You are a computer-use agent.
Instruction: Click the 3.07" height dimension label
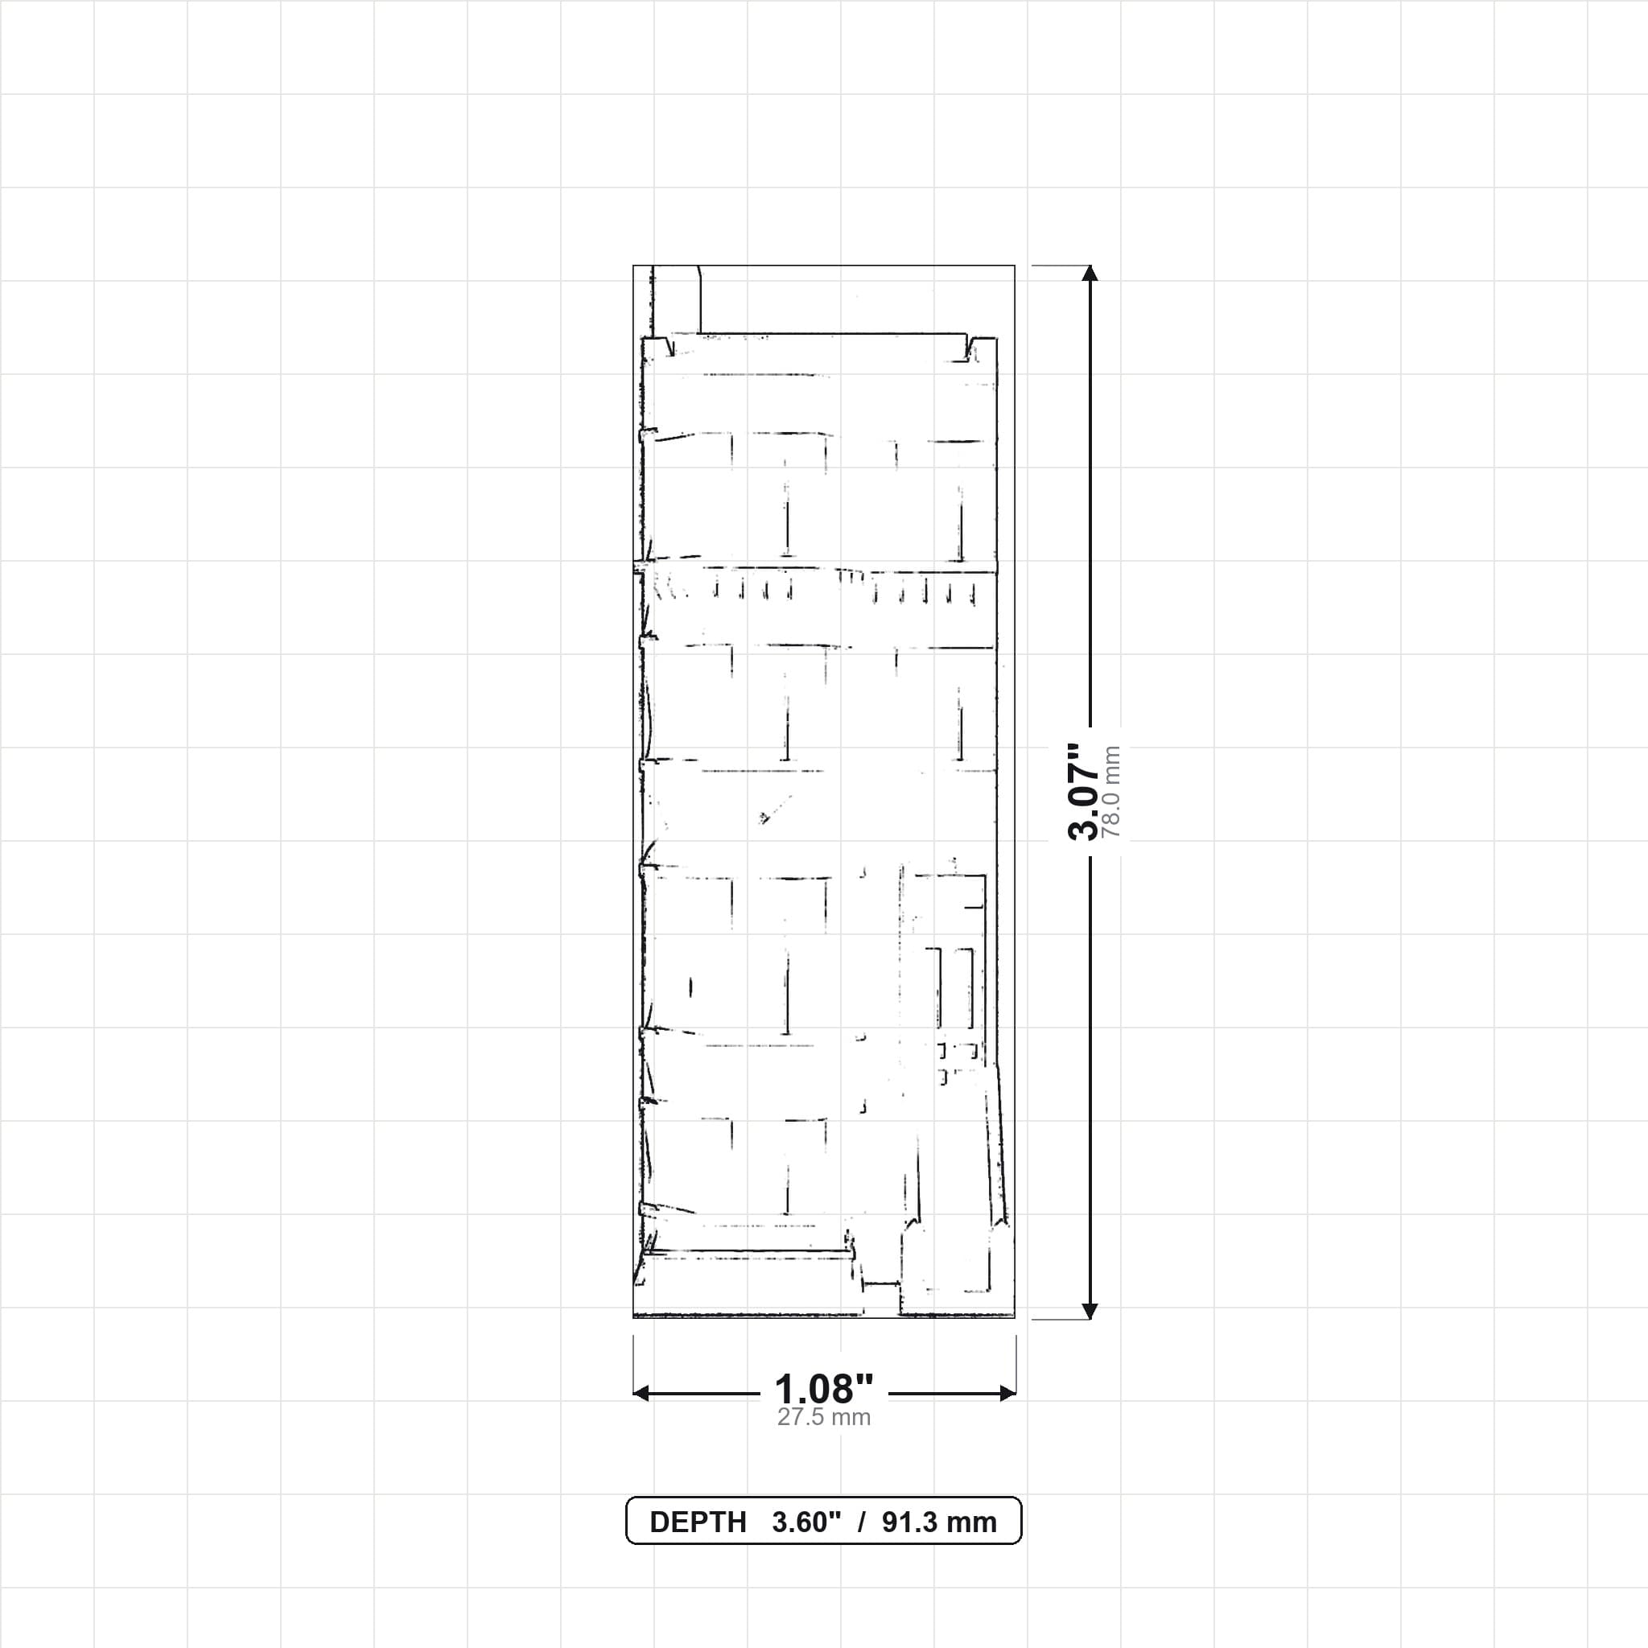(x=1083, y=792)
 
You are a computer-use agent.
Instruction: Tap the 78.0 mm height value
(x=1110, y=792)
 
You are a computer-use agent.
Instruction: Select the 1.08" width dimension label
(x=824, y=1390)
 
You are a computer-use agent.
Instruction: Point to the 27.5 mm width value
(x=824, y=1418)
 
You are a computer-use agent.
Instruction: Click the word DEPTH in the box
(x=698, y=1522)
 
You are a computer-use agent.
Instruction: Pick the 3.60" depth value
(x=806, y=1522)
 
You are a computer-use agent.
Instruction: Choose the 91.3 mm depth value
(x=939, y=1522)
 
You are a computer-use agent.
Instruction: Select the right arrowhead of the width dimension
(x=1007, y=1394)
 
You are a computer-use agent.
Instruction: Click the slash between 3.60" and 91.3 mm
(x=862, y=1522)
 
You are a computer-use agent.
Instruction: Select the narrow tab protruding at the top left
(x=676, y=299)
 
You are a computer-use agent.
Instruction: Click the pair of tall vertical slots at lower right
(x=955, y=988)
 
